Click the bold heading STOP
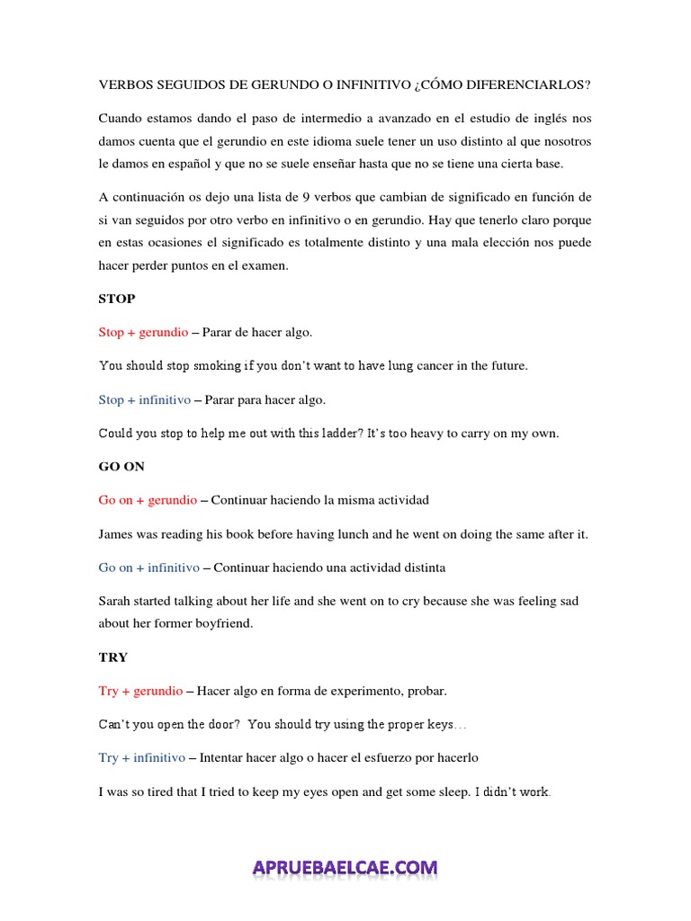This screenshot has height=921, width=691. (x=116, y=299)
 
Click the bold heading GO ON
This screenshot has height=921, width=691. (x=121, y=467)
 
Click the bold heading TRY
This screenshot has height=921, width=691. (x=113, y=657)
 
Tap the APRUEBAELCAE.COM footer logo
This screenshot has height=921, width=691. (x=345, y=868)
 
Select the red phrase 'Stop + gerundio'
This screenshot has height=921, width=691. (x=143, y=332)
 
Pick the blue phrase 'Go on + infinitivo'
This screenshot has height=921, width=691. (x=150, y=568)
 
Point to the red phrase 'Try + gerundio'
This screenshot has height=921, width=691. (x=140, y=691)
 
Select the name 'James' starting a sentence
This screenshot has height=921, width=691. (x=117, y=534)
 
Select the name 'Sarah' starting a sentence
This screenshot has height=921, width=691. (x=116, y=602)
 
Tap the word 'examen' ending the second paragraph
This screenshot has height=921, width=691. (x=267, y=265)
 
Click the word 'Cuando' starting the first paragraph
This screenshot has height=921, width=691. (x=121, y=120)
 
